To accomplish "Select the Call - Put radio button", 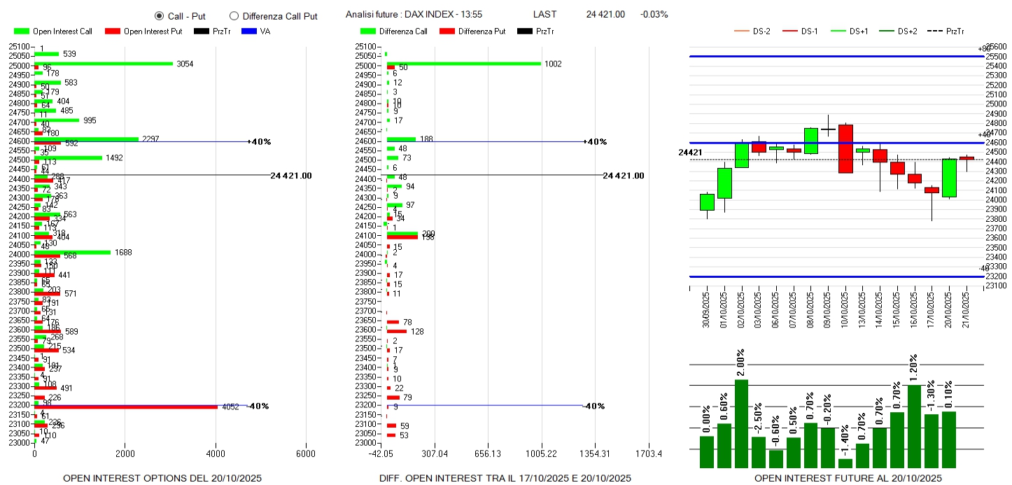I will [159, 16].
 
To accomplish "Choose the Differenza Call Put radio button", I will [234, 16].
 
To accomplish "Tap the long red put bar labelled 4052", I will [126, 407].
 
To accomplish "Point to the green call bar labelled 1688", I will [73, 253].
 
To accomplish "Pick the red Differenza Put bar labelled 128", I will [396, 331].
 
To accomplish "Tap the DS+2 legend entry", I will [907, 31].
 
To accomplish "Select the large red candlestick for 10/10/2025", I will [845, 148].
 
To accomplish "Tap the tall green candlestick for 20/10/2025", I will [949, 178].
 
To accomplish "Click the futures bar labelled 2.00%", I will [742, 423].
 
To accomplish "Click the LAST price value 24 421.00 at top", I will [605, 14].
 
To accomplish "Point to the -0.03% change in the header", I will [654, 14].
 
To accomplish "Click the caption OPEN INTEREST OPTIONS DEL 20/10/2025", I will [162, 478].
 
